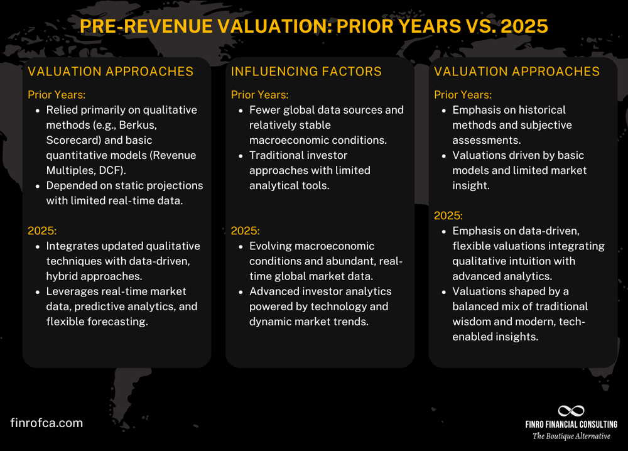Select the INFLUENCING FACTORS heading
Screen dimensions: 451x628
[x=306, y=72]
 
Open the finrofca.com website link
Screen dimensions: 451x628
[x=47, y=423]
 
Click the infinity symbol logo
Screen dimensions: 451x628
[x=571, y=411]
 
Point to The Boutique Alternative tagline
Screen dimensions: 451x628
[x=571, y=436]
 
